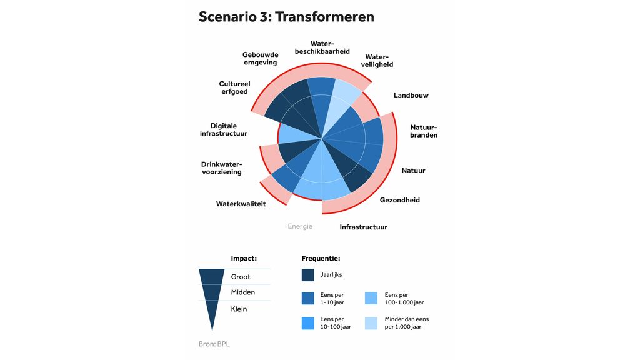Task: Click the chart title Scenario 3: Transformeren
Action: (x=286, y=17)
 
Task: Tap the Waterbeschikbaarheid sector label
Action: (x=322, y=47)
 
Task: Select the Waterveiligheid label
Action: (x=377, y=61)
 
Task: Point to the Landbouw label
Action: (x=411, y=96)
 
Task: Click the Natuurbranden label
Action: (x=423, y=131)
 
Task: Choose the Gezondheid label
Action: (x=399, y=201)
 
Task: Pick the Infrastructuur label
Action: (x=363, y=227)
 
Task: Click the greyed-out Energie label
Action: (x=300, y=226)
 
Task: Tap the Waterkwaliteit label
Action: (x=241, y=204)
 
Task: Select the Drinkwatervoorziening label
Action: (x=221, y=168)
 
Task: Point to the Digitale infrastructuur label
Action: (x=224, y=130)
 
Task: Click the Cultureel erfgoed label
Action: (x=234, y=87)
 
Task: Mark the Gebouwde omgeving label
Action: (x=260, y=59)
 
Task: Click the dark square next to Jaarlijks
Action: (x=308, y=275)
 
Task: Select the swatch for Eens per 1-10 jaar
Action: (x=308, y=298)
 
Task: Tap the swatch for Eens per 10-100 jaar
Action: (x=308, y=323)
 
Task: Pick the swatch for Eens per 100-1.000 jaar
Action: (x=371, y=298)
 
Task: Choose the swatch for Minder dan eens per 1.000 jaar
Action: (x=371, y=323)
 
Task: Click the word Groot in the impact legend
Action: (x=241, y=277)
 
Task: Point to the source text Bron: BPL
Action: (x=209, y=344)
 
